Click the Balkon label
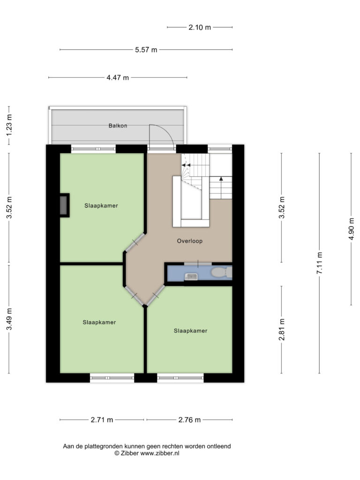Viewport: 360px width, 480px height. click(118, 126)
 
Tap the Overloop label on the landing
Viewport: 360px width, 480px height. click(190, 241)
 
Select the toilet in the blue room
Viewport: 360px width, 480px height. click(222, 272)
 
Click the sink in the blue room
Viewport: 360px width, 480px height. click(191, 277)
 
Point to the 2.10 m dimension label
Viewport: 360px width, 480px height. click(200, 27)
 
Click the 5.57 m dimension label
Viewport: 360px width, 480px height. click(146, 50)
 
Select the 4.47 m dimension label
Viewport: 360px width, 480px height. click(118, 78)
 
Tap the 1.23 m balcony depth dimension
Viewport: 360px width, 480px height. click(9, 126)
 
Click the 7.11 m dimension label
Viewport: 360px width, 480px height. click(319, 263)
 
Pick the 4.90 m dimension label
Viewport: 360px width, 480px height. click(351, 229)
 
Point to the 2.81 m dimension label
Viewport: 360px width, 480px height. click(282, 330)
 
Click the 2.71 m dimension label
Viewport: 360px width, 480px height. click(102, 420)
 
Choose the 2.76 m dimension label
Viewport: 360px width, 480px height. click(189, 420)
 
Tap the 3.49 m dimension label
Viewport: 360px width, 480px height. click(9, 319)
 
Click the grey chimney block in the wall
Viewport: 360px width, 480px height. click(63, 205)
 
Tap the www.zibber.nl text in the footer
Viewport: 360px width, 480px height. click(160, 453)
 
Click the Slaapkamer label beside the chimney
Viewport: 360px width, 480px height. click(101, 206)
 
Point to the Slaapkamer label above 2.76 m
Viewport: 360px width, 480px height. click(191, 330)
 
